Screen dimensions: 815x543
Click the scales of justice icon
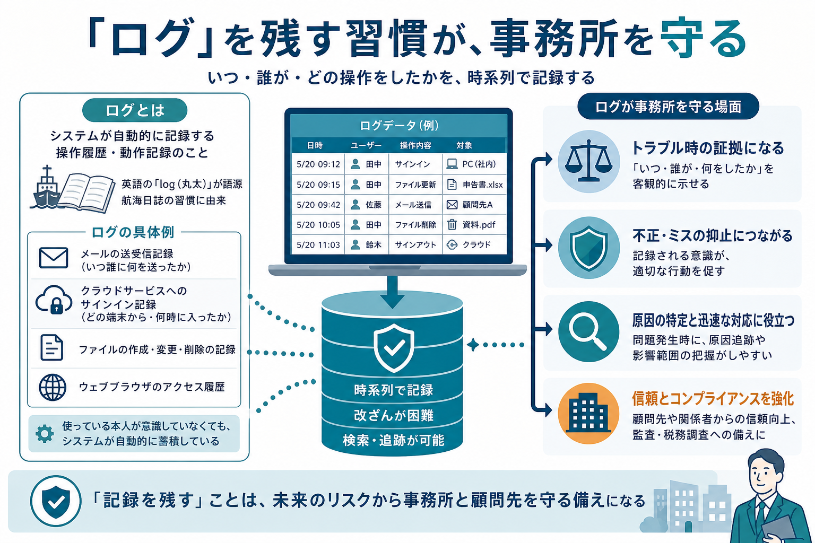pyautogui.click(x=588, y=161)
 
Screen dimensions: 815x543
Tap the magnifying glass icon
pyautogui.click(x=588, y=331)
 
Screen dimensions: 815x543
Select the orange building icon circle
pyautogui.click(x=588, y=413)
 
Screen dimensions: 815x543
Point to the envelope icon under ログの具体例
pyautogui.click(x=53, y=258)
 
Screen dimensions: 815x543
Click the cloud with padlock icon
pyautogui.click(x=54, y=300)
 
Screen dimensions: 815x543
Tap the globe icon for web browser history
pyautogui.click(x=53, y=387)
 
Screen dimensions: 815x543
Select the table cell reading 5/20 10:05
pyautogui.click(x=318, y=225)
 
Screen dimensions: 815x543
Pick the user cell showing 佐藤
pyautogui.click(x=367, y=205)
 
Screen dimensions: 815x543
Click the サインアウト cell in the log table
pyautogui.click(x=415, y=245)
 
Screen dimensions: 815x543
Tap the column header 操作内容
pyautogui.click(x=415, y=145)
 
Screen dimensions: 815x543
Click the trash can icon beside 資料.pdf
pyautogui.click(x=452, y=224)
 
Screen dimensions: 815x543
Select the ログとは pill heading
pyautogui.click(x=135, y=110)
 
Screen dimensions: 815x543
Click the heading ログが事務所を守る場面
pyautogui.click(x=668, y=107)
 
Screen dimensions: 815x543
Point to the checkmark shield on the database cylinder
pyautogui.click(x=394, y=348)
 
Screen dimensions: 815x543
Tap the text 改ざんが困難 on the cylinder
pyautogui.click(x=394, y=415)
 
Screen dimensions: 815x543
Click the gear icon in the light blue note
pyautogui.click(x=45, y=434)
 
